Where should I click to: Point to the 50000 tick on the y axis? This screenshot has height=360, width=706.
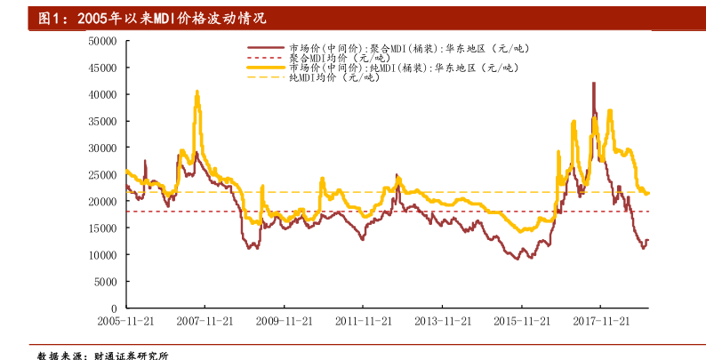pos(103,41)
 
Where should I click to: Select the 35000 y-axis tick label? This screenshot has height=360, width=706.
pos(103,121)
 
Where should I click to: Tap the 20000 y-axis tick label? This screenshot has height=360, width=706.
pos(103,201)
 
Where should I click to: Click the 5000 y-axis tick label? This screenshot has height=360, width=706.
pos(106,281)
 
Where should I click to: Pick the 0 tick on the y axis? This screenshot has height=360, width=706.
pos(115,308)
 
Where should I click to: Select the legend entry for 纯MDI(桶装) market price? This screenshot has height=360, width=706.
pos(399,68)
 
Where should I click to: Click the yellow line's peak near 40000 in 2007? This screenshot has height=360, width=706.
pos(197,92)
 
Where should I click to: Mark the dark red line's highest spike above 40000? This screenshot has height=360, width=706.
pos(594,83)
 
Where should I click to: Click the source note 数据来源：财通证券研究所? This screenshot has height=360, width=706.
pos(102,354)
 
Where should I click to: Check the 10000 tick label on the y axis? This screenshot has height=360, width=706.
pos(103,254)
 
